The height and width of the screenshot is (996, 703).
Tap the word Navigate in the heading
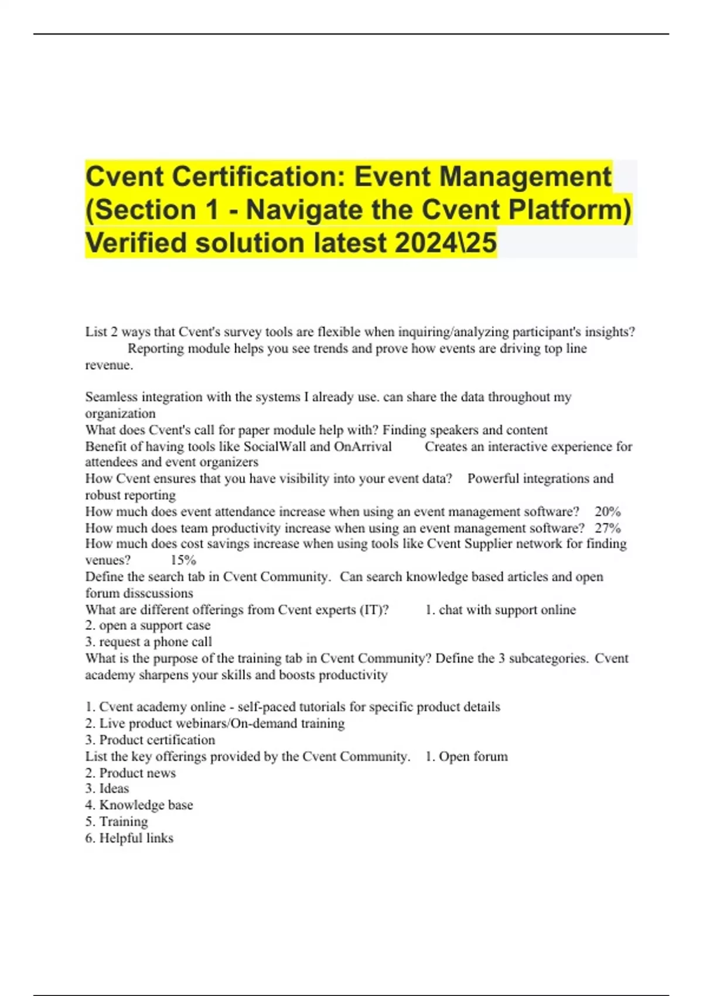point(303,210)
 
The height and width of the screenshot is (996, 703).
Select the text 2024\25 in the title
point(446,243)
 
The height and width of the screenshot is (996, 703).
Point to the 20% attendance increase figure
point(608,511)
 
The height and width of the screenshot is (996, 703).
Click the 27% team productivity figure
point(608,528)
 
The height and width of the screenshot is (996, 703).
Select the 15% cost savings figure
point(183,560)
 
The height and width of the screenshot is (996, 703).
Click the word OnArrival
point(363,446)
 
